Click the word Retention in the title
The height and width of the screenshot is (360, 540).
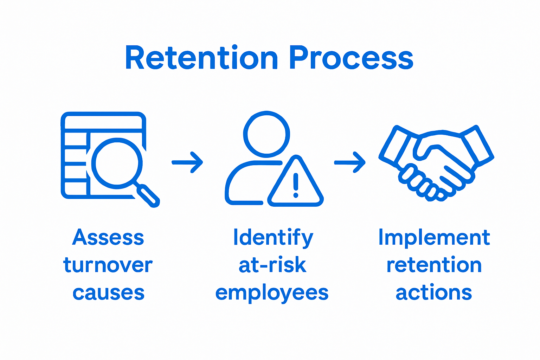[x=201, y=58]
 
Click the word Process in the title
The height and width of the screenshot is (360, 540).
[x=351, y=58]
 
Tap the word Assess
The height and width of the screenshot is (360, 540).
[x=108, y=238]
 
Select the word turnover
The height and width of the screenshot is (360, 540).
[x=108, y=265]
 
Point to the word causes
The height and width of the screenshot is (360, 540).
[x=109, y=293]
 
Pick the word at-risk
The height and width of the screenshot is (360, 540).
[x=272, y=265]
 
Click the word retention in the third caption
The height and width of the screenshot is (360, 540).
[x=434, y=265]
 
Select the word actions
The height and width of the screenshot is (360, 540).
[x=434, y=293]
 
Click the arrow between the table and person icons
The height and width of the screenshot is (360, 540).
[x=187, y=162]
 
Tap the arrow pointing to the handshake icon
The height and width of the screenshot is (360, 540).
[x=350, y=162]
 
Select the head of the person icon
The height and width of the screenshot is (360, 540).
[x=266, y=134]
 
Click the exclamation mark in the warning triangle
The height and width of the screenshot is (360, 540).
[x=296, y=185]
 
